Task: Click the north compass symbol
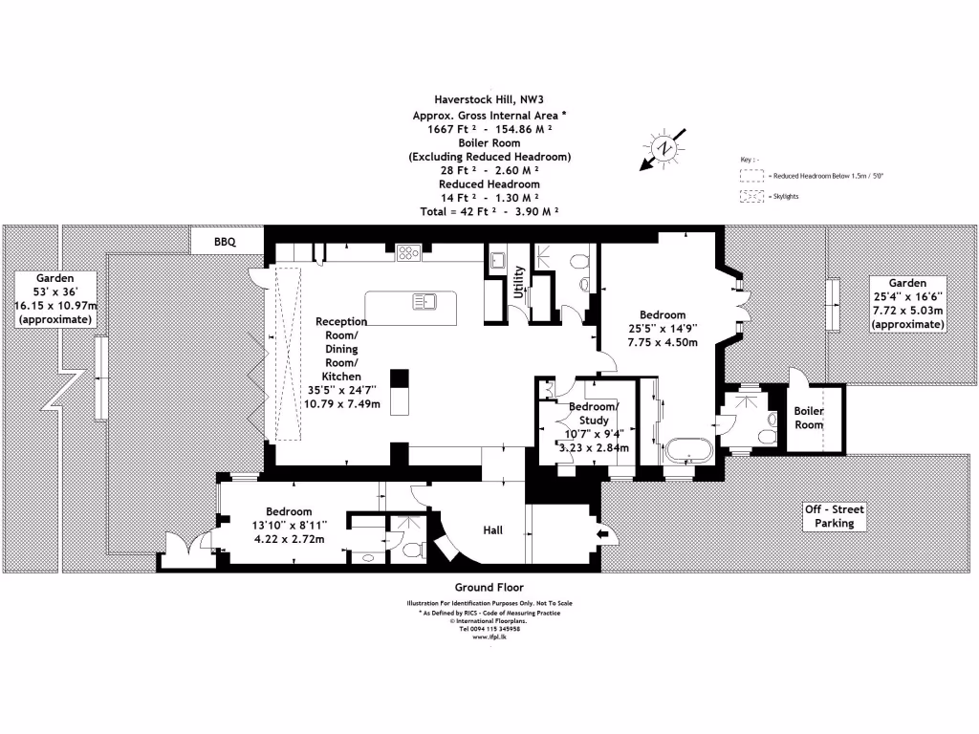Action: [x=664, y=148]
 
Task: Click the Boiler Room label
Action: [x=809, y=418]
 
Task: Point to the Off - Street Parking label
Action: [x=834, y=516]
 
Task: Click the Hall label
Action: [x=492, y=530]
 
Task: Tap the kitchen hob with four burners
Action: [x=408, y=253]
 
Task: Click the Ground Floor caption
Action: [x=489, y=587]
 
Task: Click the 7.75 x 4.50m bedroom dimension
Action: [x=662, y=342]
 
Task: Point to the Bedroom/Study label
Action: [x=594, y=413]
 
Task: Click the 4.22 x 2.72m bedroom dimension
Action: [x=289, y=538]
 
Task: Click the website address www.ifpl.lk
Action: [x=489, y=636]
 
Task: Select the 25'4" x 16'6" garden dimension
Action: [x=907, y=297]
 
